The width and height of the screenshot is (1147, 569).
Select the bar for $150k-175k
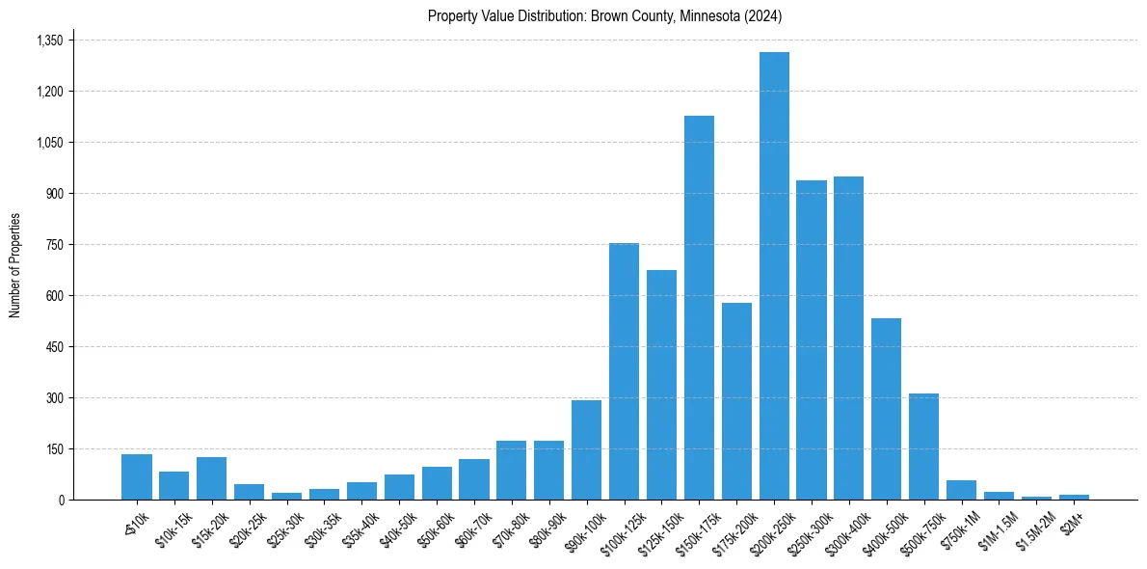(699, 308)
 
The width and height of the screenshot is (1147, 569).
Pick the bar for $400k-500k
(886, 409)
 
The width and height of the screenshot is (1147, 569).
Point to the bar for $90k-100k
(586, 449)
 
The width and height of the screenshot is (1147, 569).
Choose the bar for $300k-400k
(848, 338)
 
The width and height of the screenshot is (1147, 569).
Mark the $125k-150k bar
(661, 385)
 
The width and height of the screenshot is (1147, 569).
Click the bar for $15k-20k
(211, 478)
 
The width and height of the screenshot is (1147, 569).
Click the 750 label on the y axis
(54, 245)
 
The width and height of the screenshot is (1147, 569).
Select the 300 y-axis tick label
(54, 398)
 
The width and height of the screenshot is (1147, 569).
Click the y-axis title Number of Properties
(14, 264)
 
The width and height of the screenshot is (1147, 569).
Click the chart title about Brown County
(605, 15)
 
